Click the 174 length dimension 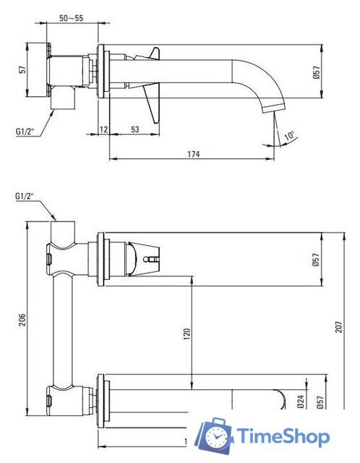click(x=192, y=154)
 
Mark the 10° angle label click(x=288, y=135)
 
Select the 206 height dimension click(x=22, y=318)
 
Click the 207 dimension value click(x=340, y=327)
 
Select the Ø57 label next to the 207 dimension click(x=316, y=260)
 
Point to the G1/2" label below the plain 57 click(x=27, y=132)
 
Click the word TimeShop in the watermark click(x=284, y=436)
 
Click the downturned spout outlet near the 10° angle click(x=269, y=109)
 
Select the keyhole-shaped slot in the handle click(x=153, y=258)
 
